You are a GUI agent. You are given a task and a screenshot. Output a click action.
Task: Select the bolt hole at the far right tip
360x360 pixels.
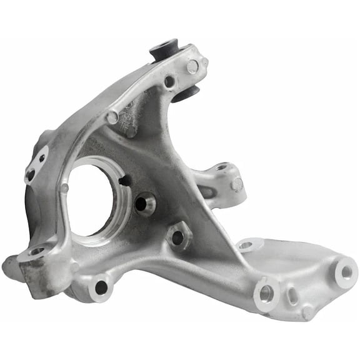click(345, 272)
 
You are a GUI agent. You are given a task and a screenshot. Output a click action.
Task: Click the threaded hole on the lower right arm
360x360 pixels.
click(265, 291)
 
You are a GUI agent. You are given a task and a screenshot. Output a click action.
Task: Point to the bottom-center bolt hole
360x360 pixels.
click(101, 287)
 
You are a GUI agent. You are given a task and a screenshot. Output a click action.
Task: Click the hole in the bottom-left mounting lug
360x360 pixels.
click(37, 252)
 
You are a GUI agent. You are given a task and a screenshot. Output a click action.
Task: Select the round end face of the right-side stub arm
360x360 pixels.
click(237, 185)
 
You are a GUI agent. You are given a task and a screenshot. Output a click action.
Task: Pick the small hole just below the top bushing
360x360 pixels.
click(169, 81)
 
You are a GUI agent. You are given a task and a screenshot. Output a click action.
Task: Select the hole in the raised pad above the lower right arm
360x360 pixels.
click(246, 246)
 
